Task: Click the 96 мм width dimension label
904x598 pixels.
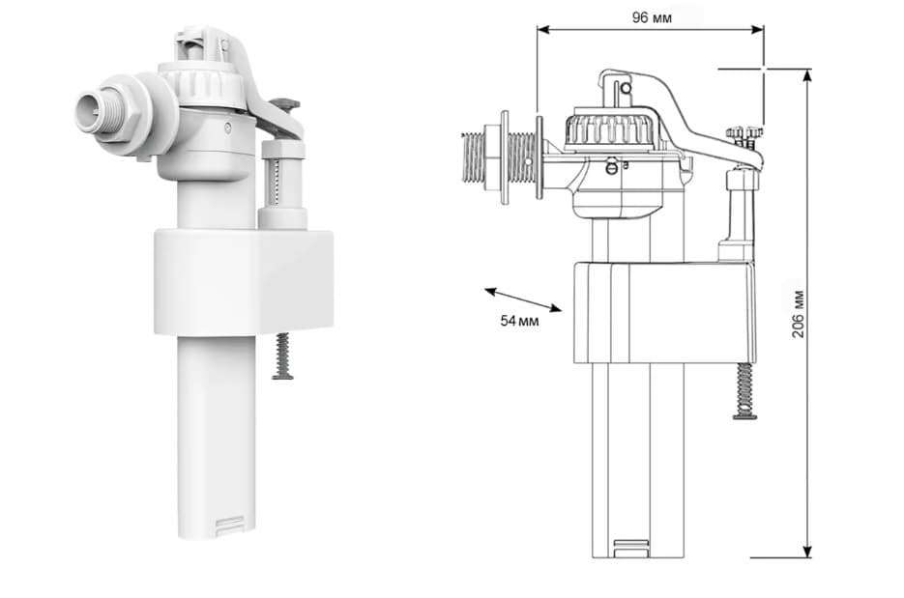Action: pos(652,17)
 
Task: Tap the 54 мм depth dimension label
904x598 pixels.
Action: pos(519,321)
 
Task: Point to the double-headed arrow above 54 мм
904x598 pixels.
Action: pos(523,299)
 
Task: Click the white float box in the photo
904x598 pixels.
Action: pos(244,282)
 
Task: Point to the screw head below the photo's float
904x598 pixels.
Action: pos(282,377)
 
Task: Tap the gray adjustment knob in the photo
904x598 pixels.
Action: pos(285,104)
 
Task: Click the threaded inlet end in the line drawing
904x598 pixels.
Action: pos(475,160)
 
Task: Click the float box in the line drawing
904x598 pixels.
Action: pos(664,312)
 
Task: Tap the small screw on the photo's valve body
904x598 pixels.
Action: pos(229,128)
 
